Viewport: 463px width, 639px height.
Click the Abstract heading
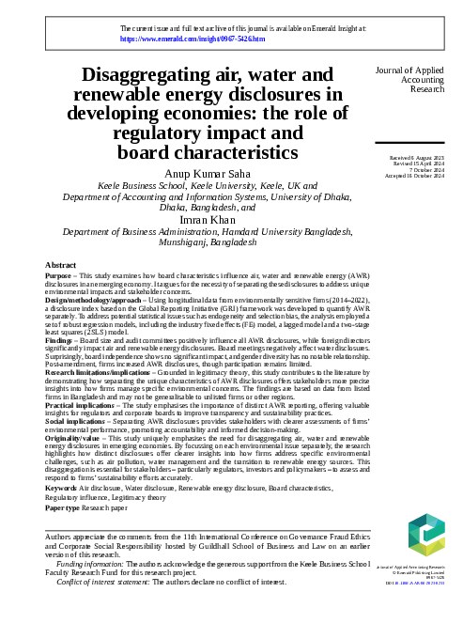(x=60, y=267)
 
